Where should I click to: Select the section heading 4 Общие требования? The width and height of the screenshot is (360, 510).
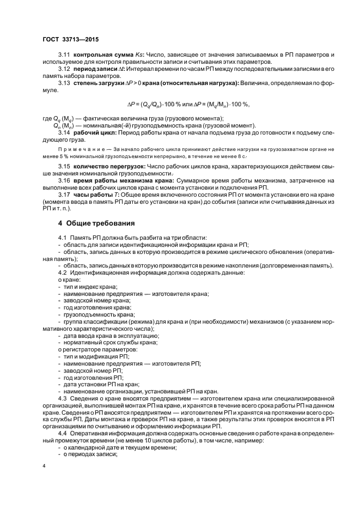tap(99, 223)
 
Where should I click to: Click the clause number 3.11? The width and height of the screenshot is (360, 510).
tap(64, 56)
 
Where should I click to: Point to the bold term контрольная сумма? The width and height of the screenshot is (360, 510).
tap(99, 56)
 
